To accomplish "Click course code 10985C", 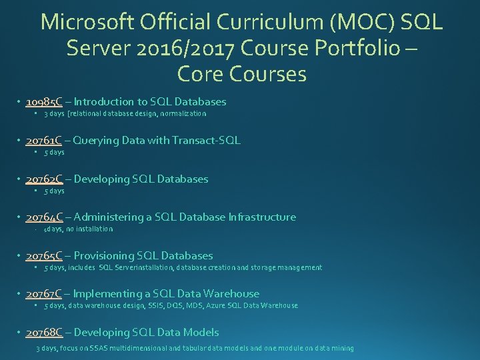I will pos(44,102).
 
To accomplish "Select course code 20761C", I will pos(44,141).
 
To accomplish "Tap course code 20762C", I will pos(44,179).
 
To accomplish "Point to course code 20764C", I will pos(44,217).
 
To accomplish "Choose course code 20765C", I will pos(44,255).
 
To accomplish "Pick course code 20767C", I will pos(44,294).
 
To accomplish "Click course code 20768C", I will pos(44,332).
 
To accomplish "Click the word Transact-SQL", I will pos(208,141).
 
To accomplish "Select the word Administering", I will pos(107,217).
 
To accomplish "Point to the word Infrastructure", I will pos(262,217).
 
